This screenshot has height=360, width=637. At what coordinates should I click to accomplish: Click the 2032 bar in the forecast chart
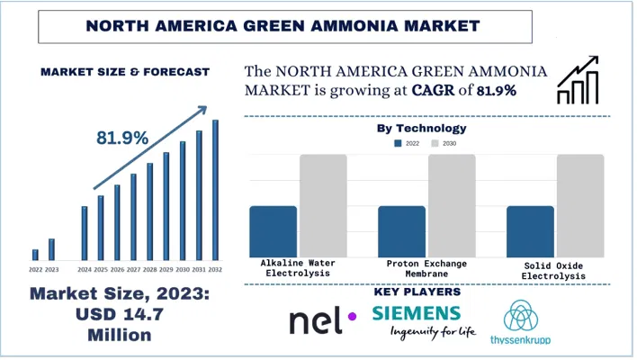coord(215,190)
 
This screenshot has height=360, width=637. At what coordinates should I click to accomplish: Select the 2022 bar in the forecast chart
coord(35,255)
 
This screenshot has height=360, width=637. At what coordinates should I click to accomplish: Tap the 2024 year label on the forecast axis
coord(85,269)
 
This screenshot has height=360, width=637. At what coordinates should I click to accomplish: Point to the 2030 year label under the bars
coord(183,269)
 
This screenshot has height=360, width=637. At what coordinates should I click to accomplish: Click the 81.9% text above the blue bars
coord(122,138)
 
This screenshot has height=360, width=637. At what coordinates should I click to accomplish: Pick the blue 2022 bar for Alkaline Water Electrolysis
coord(273,231)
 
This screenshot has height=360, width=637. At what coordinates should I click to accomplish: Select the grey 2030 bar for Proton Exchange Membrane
coord(452,205)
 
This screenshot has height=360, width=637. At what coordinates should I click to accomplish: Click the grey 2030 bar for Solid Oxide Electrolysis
coord(580,205)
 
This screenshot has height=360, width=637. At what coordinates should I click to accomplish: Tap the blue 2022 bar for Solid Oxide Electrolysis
coord(530,231)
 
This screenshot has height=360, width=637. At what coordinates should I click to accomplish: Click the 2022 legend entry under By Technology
coord(407,143)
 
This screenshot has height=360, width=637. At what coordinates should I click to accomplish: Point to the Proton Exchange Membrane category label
coord(426,268)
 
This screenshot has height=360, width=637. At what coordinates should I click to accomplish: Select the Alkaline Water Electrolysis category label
coord(298,268)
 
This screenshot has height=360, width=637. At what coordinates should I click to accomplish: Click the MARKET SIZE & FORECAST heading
coord(124,71)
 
